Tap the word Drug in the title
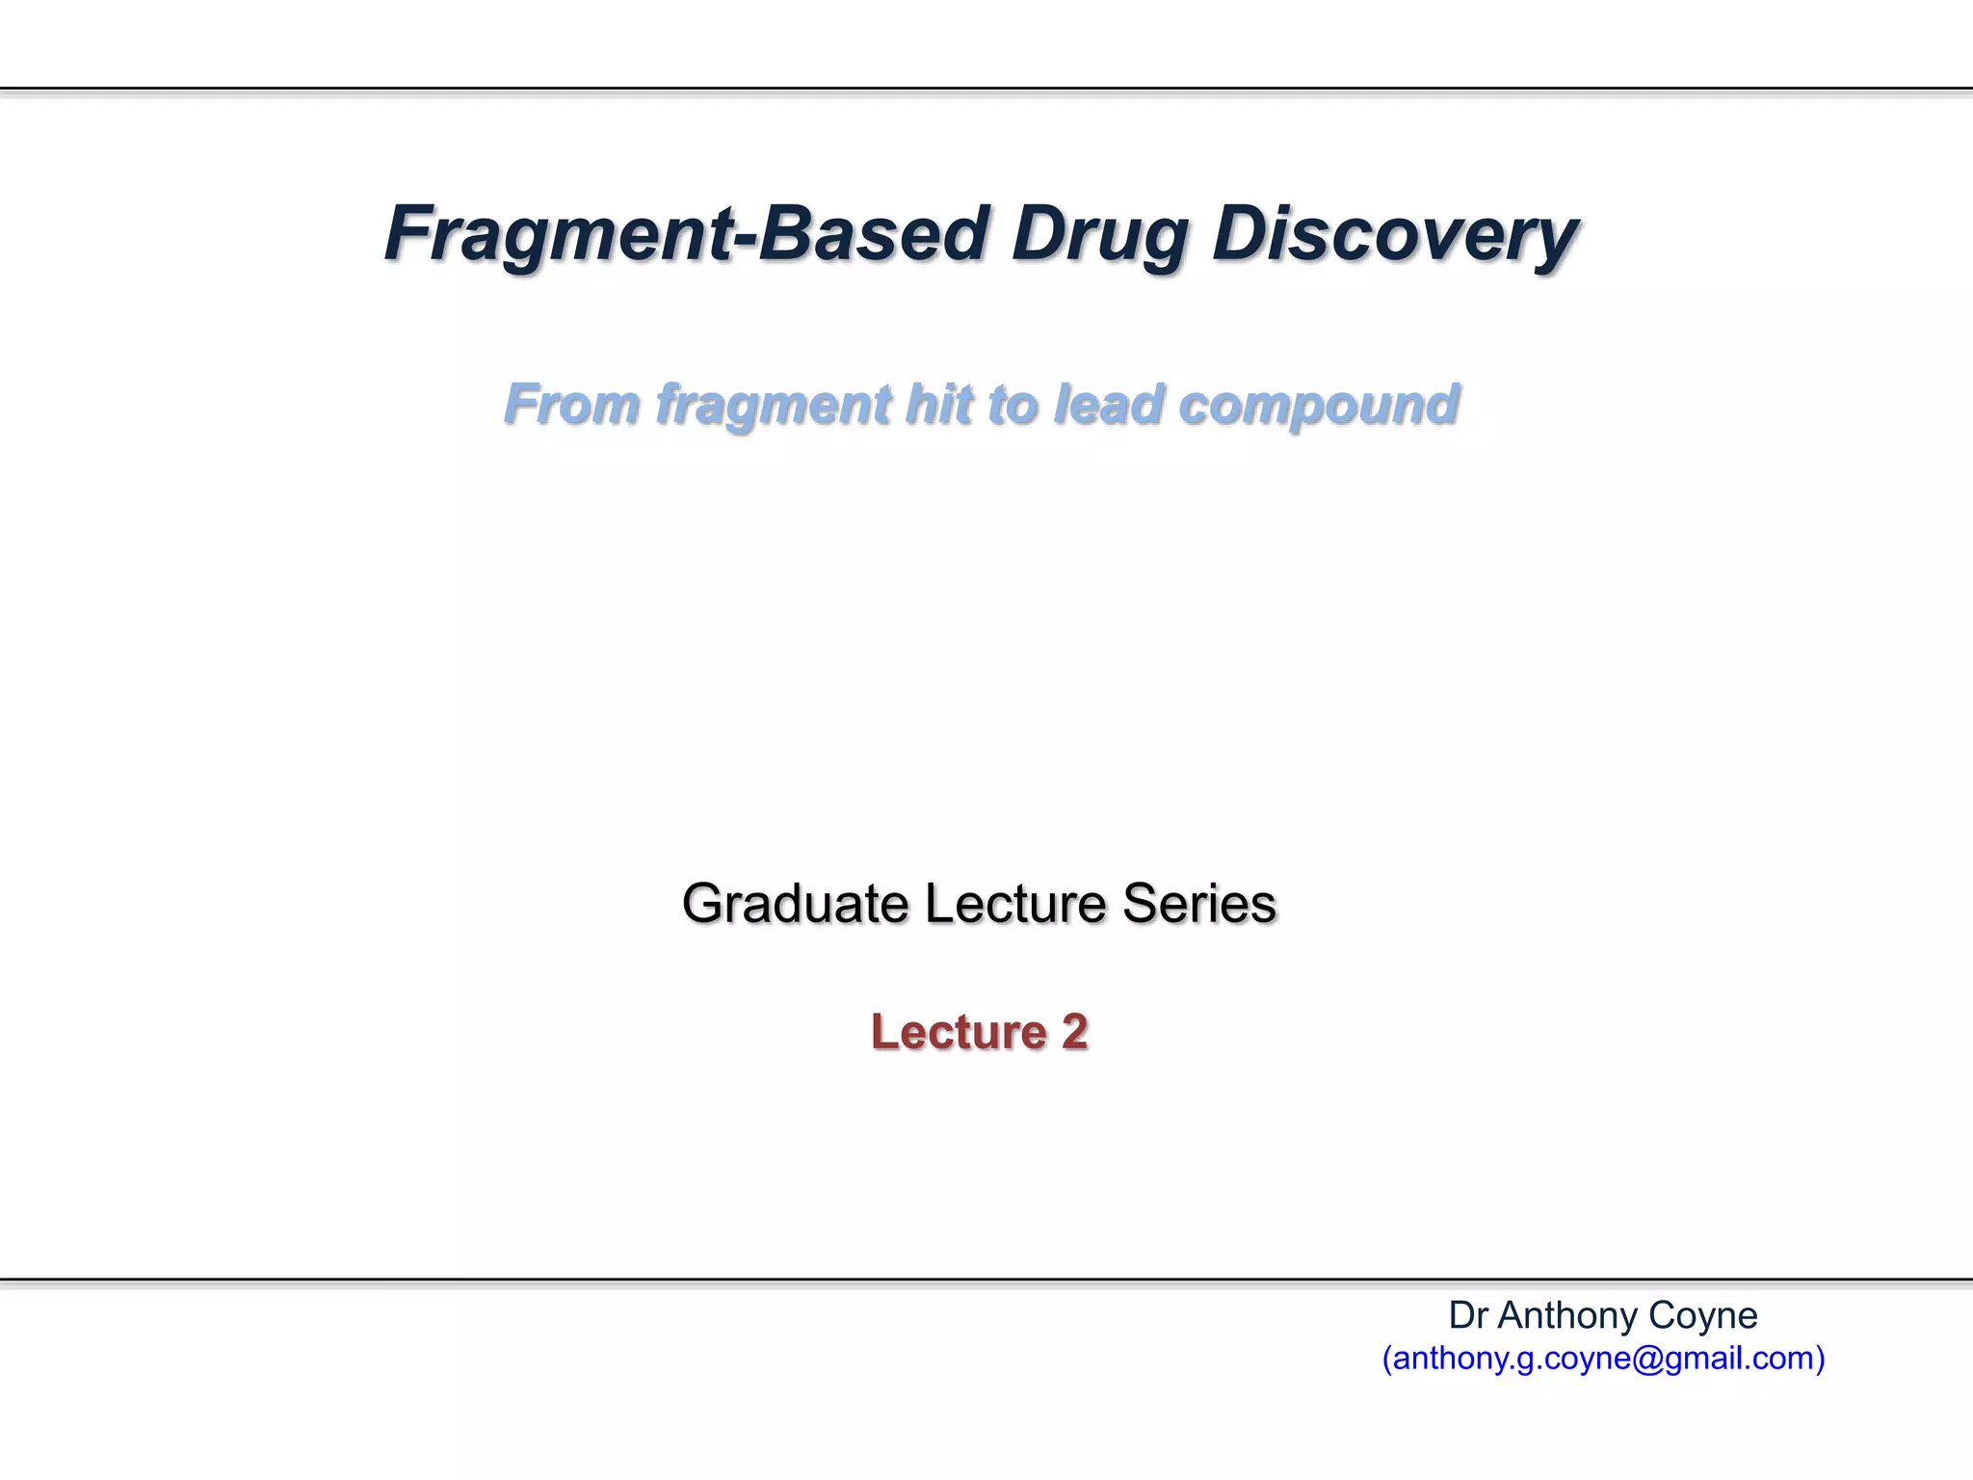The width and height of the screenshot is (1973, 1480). (1097, 234)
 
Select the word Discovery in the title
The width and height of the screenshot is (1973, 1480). (1394, 234)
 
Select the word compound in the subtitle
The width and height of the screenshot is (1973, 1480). (1319, 404)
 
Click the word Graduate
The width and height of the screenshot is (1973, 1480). (795, 905)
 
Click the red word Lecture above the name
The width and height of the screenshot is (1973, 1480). (959, 1032)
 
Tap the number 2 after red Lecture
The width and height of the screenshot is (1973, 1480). (1075, 1032)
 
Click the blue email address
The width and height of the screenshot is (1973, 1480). (1603, 1359)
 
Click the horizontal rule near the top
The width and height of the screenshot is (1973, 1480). (986, 89)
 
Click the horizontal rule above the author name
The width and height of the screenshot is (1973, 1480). (986, 1280)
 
